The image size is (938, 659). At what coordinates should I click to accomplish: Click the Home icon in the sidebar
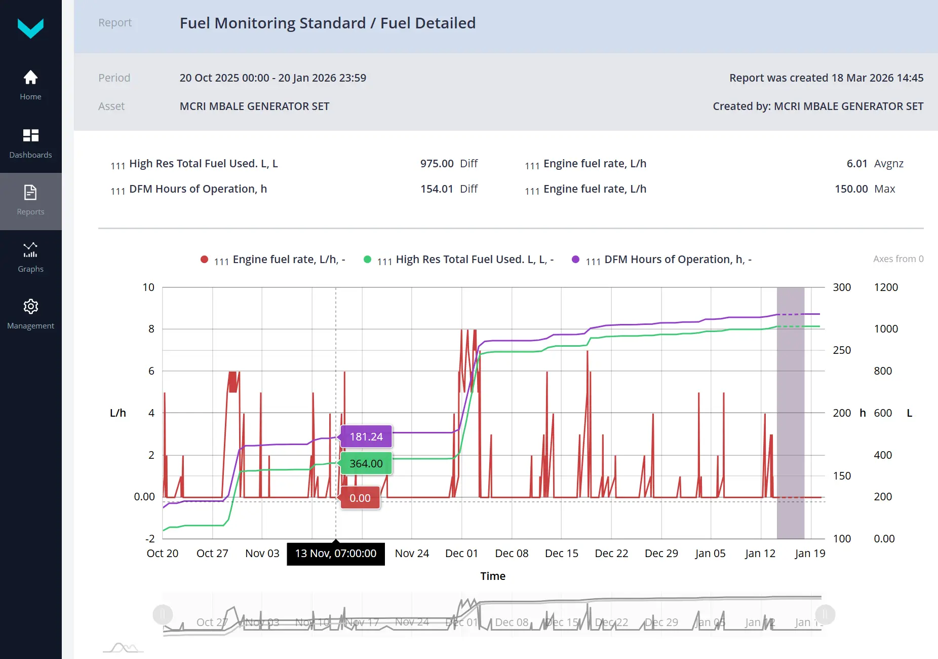30,78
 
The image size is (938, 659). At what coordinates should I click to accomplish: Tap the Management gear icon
30,307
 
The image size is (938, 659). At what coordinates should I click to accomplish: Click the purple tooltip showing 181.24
366,437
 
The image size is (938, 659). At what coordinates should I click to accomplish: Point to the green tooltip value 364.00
366,464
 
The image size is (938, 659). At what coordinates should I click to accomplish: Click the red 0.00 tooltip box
360,498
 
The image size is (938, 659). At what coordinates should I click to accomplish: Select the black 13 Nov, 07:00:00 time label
336,554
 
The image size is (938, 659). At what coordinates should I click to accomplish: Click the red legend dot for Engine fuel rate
205,260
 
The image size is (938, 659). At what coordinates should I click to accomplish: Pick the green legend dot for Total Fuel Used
368,260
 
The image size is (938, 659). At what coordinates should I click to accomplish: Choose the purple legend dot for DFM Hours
575,260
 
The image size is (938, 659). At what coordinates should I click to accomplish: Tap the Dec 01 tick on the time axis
461,554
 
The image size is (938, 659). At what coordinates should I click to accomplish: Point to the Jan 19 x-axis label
810,554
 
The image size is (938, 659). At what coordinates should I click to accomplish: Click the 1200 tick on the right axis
886,287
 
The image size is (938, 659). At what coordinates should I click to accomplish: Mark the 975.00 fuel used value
437,164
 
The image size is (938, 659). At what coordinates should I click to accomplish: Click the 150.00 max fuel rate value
851,189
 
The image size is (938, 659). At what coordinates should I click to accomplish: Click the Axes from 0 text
898,259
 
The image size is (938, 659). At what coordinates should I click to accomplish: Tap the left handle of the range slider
163,615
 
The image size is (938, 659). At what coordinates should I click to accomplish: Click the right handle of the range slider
825,615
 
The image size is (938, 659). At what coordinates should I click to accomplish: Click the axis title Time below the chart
493,576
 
